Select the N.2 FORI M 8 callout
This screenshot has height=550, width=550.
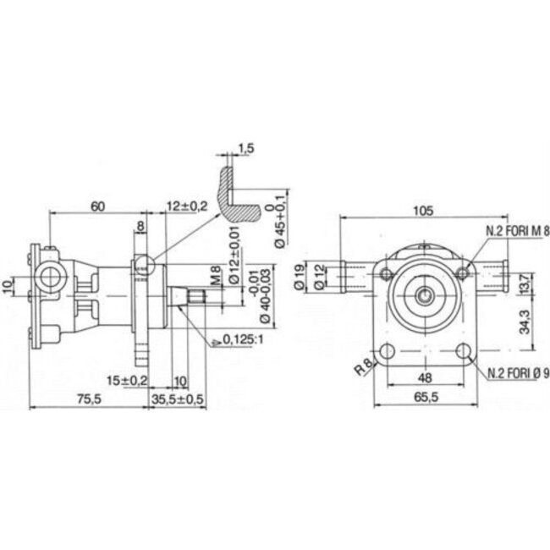[x=516, y=230]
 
